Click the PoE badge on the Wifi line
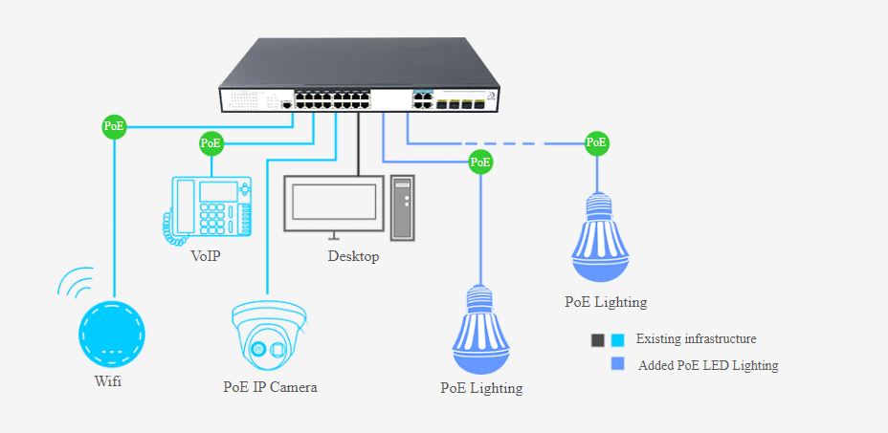115,125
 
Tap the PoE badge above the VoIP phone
211,143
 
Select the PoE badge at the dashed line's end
596,142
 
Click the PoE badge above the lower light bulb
481,162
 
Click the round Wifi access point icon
111,335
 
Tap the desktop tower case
401,206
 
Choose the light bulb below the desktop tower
482,330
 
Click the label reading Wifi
109,382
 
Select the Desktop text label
353,256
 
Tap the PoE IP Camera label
270,387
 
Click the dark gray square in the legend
598,339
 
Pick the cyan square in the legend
617,339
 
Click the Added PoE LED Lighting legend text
708,365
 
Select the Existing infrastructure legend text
696,338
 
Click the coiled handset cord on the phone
171,226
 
